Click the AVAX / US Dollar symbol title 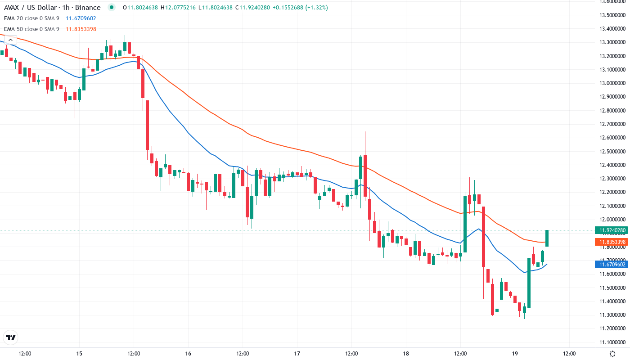tap(52, 8)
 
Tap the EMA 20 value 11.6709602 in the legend tap(81, 18)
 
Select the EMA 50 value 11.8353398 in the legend tap(81, 29)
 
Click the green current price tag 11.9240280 tap(612, 230)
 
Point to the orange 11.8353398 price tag tap(612, 242)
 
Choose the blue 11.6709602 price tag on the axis tap(612, 264)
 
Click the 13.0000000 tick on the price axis tap(612, 83)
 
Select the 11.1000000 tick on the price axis tap(612, 342)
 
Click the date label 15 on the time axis tap(79, 354)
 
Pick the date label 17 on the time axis tap(297, 354)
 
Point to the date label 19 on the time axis tap(515, 354)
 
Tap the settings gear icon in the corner tap(612, 354)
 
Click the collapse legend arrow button tap(10, 40)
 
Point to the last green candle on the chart tap(547, 238)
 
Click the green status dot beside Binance tap(112, 8)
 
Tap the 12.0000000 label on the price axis tap(612, 220)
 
